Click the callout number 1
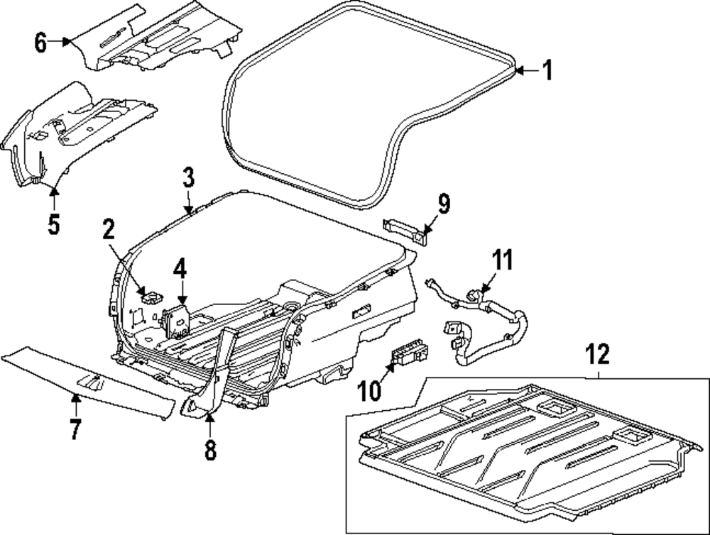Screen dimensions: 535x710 pos(546,70)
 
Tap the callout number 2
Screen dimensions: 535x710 pos(108,229)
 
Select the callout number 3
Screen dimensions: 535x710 pos(187,177)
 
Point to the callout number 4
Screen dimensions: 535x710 pos(180,270)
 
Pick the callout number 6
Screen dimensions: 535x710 pos(40,43)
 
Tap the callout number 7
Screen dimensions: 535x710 pos(75,429)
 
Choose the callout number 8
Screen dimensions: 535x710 pos(209,450)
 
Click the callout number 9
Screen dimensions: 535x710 pos(444,204)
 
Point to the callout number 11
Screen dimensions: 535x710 pos(503,260)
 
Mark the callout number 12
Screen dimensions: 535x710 pos(598,353)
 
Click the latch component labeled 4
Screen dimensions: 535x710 pos(177,320)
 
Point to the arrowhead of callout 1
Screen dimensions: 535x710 pos(518,70)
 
